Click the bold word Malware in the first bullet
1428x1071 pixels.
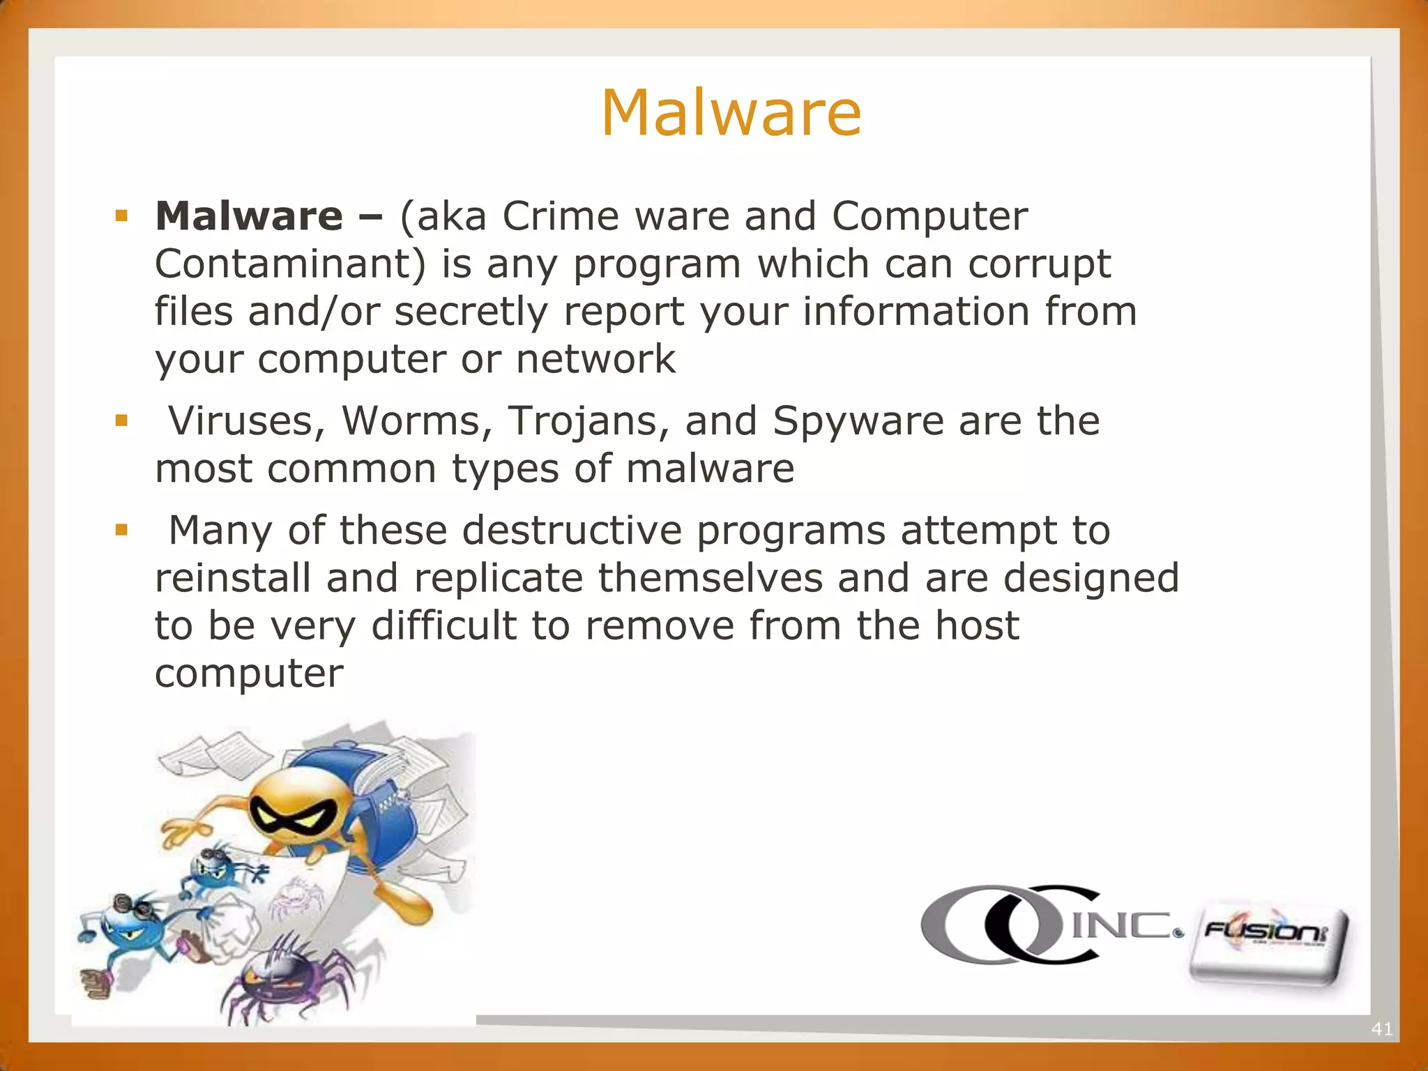point(249,216)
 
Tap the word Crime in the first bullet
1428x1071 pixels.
point(560,216)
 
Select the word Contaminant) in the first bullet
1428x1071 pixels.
point(290,264)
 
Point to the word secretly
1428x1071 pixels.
point(471,312)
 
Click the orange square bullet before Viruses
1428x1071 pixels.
point(122,420)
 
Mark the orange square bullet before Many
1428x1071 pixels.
point(122,530)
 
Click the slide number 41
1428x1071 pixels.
point(1381,1028)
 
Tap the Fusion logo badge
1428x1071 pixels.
point(1268,945)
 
